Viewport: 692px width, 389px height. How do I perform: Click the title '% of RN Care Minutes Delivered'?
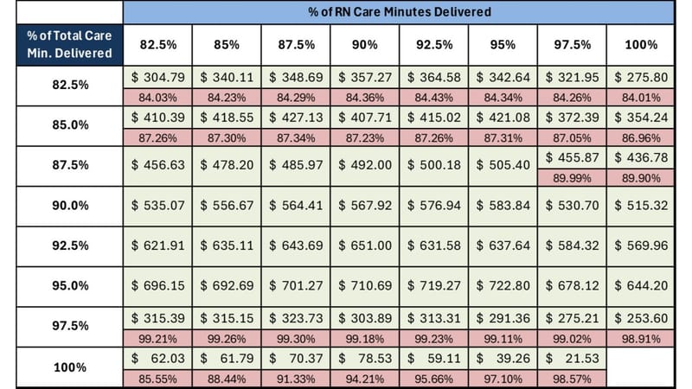tap(399, 12)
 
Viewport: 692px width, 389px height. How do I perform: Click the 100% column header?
tap(641, 44)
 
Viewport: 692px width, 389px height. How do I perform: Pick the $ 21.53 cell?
tap(572, 357)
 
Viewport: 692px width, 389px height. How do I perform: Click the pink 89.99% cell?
tap(572, 177)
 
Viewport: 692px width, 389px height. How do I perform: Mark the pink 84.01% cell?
tap(641, 97)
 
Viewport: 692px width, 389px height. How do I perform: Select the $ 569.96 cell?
tap(641, 246)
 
